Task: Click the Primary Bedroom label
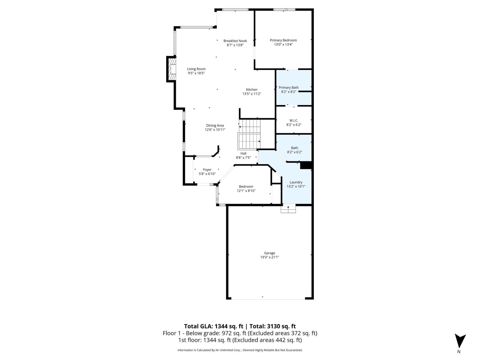pyautogui.click(x=283, y=40)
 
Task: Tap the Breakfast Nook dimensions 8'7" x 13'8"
pyautogui.click(x=235, y=45)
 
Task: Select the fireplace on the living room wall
pyautogui.click(x=172, y=69)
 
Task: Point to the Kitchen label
pyautogui.click(x=252, y=89)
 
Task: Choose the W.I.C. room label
pyautogui.click(x=294, y=120)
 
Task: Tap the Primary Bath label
pyautogui.click(x=289, y=88)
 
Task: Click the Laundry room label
pyautogui.click(x=296, y=182)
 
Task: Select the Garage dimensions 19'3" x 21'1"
pyautogui.click(x=269, y=257)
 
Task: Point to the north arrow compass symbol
pyautogui.click(x=460, y=341)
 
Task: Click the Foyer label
pyautogui.click(x=207, y=169)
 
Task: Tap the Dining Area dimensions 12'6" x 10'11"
pyautogui.click(x=215, y=130)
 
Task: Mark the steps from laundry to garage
pyautogui.click(x=288, y=209)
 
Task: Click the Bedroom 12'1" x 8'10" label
pyautogui.click(x=246, y=186)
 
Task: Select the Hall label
pyautogui.click(x=243, y=153)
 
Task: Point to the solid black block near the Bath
pyautogui.click(x=306, y=165)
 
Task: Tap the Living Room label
pyautogui.click(x=196, y=69)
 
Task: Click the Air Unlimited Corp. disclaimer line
pyautogui.click(x=240, y=350)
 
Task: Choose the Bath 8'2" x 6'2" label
pyautogui.click(x=295, y=148)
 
